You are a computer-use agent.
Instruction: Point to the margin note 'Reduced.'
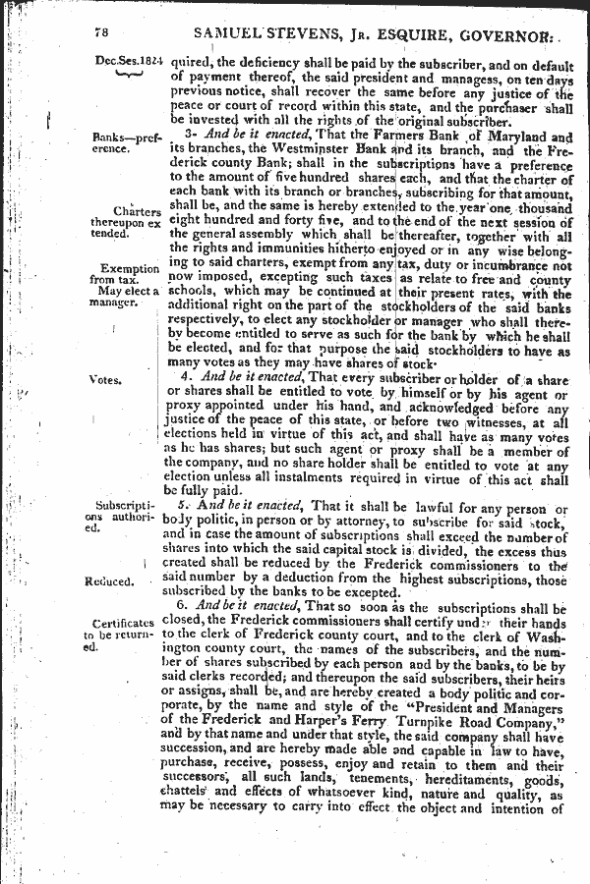click(109, 580)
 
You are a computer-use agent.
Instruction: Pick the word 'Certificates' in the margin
click(122, 623)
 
